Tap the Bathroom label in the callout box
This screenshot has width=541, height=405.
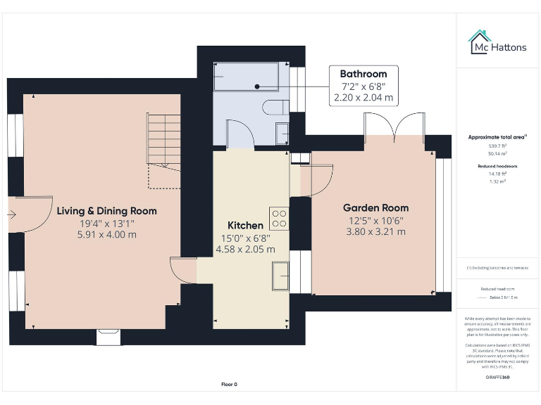(x=363, y=74)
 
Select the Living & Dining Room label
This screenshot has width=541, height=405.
(x=106, y=211)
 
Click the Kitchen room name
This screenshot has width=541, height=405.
(x=245, y=226)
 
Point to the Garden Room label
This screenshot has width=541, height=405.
(x=375, y=208)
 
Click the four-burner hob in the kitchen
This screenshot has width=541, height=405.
(x=279, y=218)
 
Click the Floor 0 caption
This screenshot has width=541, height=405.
(x=230, y=385)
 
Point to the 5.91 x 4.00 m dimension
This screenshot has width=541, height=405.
(x=106, y=235)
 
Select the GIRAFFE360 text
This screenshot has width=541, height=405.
(x=497, y=378)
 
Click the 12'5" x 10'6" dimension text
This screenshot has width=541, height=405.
(x=375, y=220)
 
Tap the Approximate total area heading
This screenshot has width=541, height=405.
(x=497, y=137)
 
